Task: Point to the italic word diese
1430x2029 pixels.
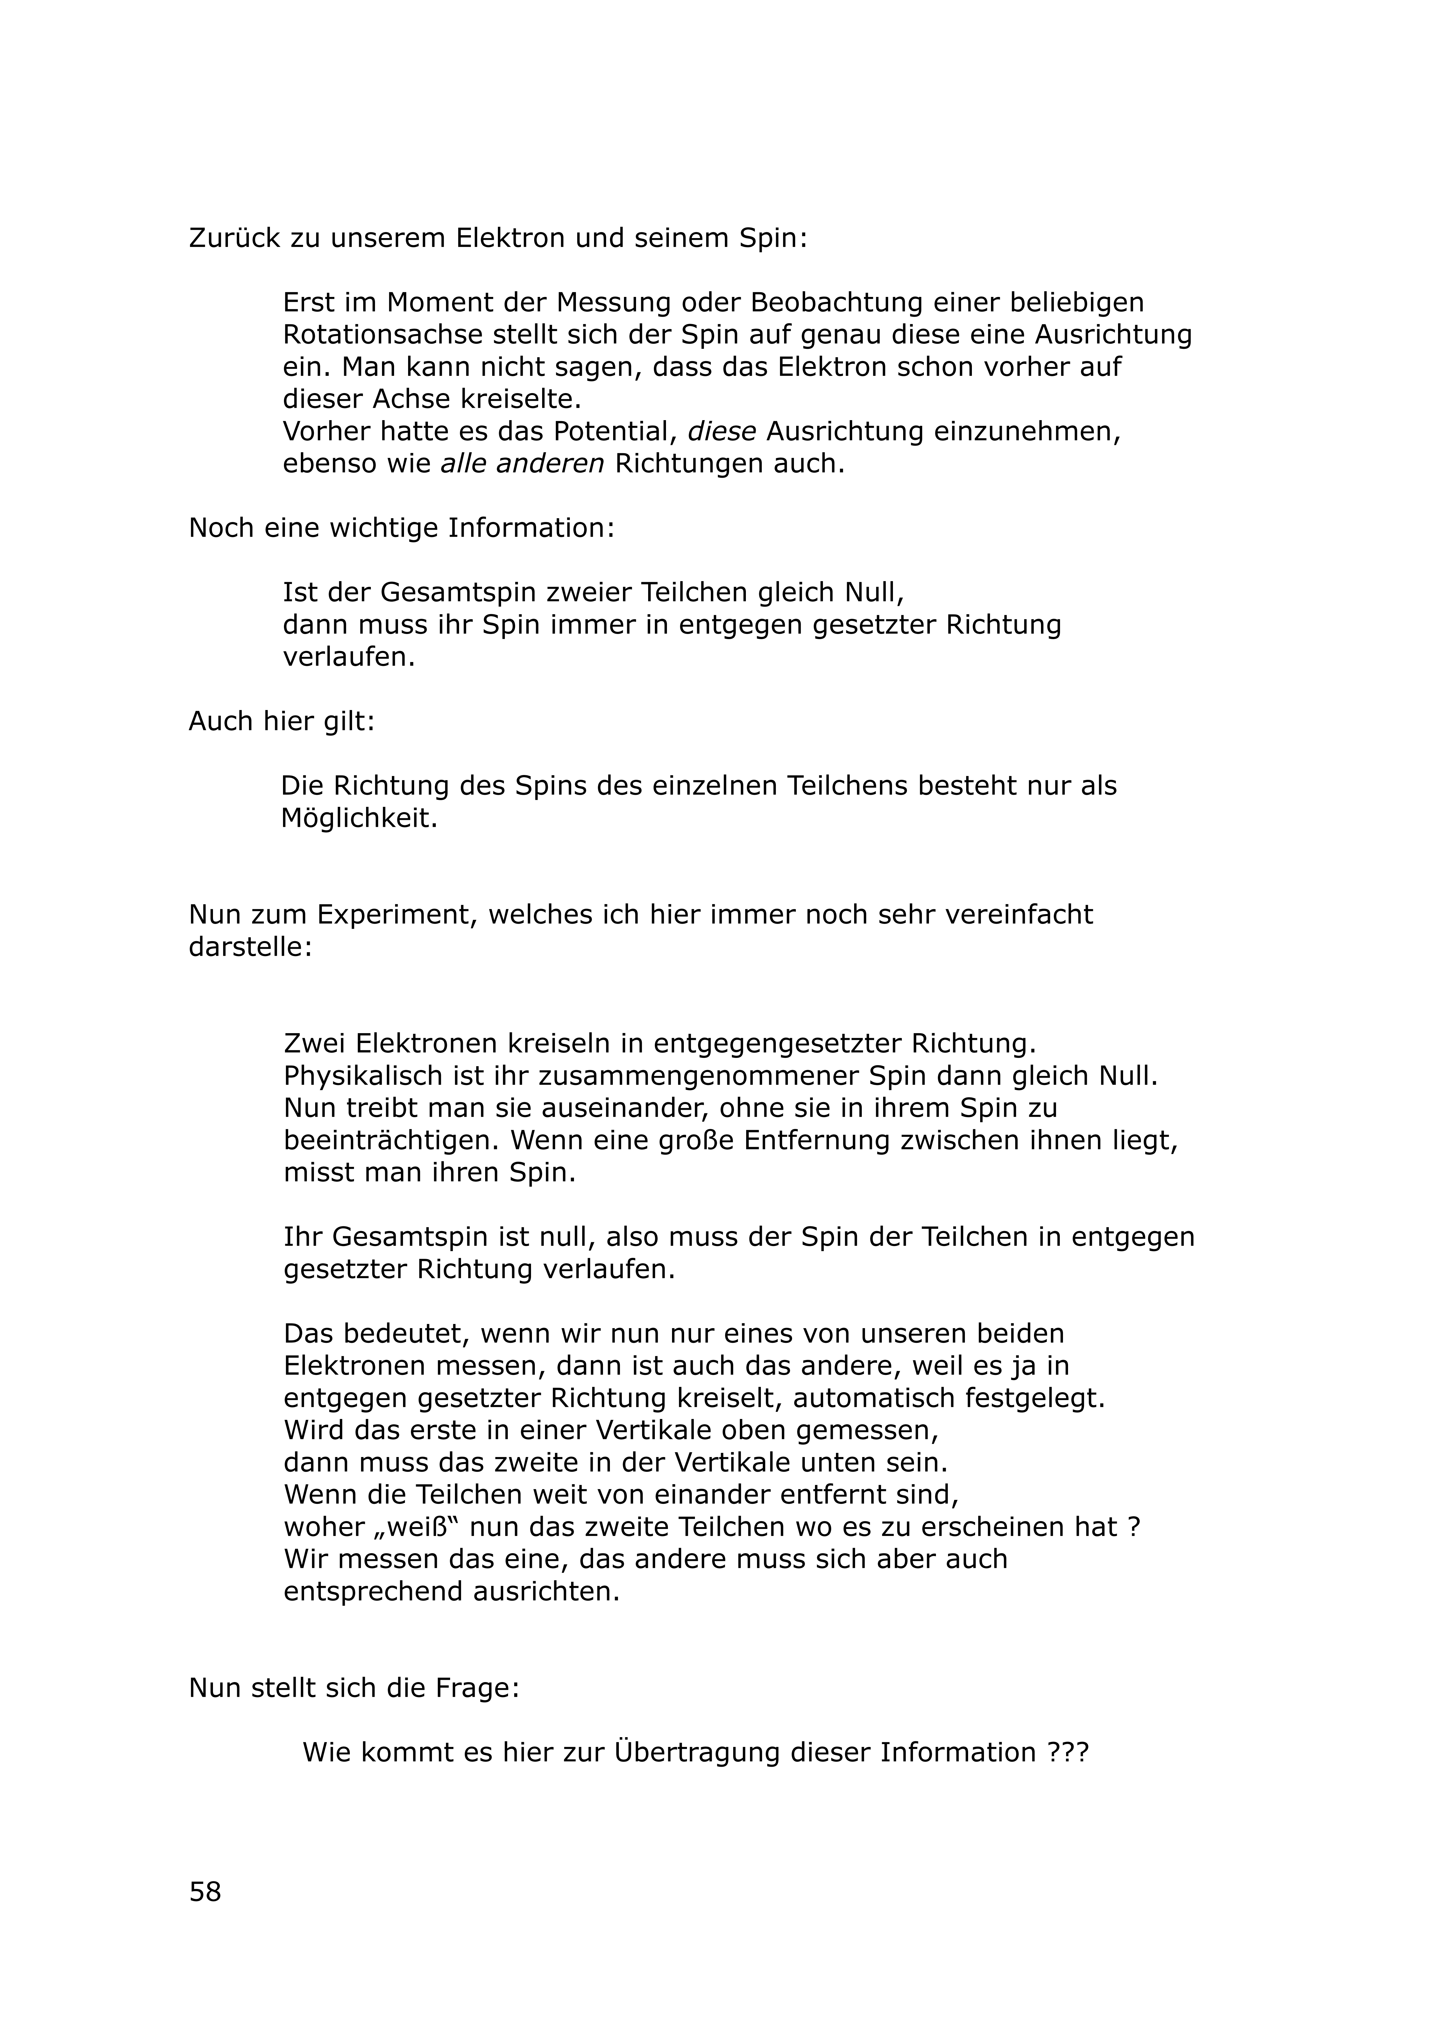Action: point(721,431)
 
